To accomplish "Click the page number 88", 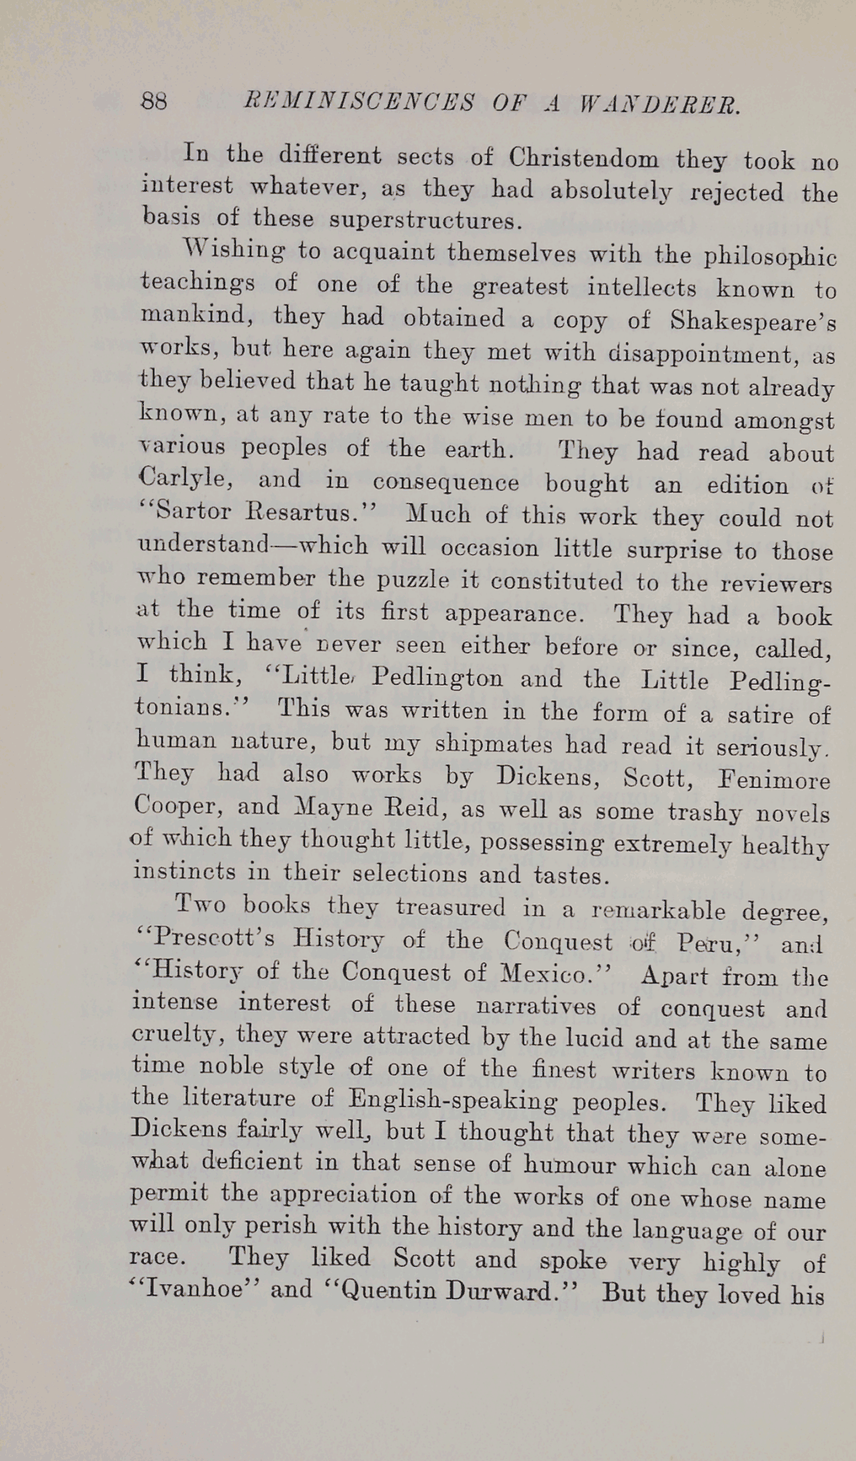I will pos(154,101).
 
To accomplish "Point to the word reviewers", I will pos(776,584).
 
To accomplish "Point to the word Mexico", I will pos(547,974).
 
